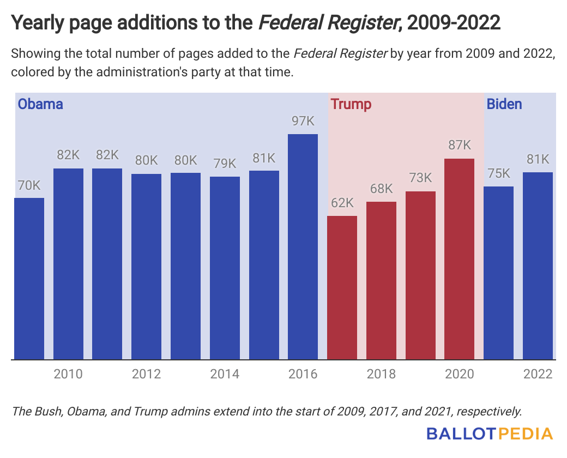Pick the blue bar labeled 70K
[x=29, y=278]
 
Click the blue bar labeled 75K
[x=499, y=273]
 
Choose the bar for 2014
[x=225, y=268]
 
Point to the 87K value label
[x=460, y=146]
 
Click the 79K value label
[x=225, y=164]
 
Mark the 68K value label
[x=382, y=189]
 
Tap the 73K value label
[x=420, y=178]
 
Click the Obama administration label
[x=41, y=104]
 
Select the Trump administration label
[x=351, y=104]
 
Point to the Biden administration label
[x=504, y=104]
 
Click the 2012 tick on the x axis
[x=146, y=375]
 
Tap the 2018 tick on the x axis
[x=382, y=375]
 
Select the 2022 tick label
[x=538, y=375]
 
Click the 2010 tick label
[x=68, y=375]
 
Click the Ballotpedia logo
[x=490, y=435]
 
